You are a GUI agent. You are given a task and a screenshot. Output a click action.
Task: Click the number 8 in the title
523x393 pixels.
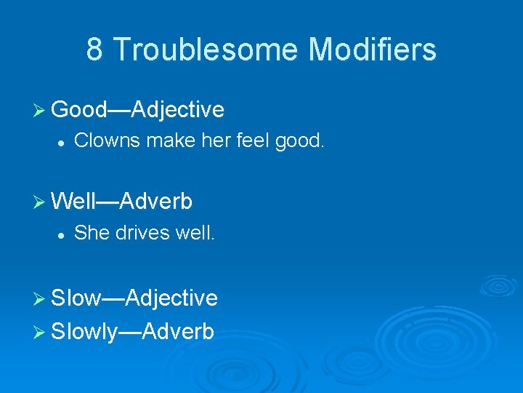tap(94, 50)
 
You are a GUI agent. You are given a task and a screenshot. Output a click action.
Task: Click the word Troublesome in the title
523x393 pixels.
tap(206, 50)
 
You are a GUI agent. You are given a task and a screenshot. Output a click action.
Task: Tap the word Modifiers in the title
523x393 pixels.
tap(373, 50)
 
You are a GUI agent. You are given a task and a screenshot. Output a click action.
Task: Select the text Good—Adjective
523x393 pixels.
tap(137, 110)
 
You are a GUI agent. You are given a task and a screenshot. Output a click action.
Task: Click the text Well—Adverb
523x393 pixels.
tap(122, 201)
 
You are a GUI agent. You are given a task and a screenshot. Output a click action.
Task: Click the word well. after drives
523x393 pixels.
tap(195, 233)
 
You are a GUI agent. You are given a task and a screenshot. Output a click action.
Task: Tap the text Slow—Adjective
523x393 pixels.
tap(134, 298)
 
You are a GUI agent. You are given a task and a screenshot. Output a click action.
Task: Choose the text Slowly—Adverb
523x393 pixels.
tap(133, 332)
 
